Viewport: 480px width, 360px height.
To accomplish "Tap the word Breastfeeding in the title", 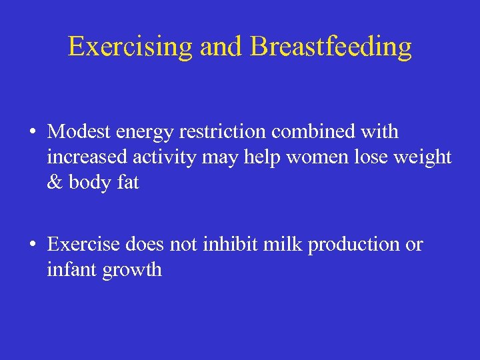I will tap(331, 47).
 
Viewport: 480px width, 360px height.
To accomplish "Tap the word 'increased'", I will tap(89, 157).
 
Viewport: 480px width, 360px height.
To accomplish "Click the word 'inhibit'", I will tap(226, 244).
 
